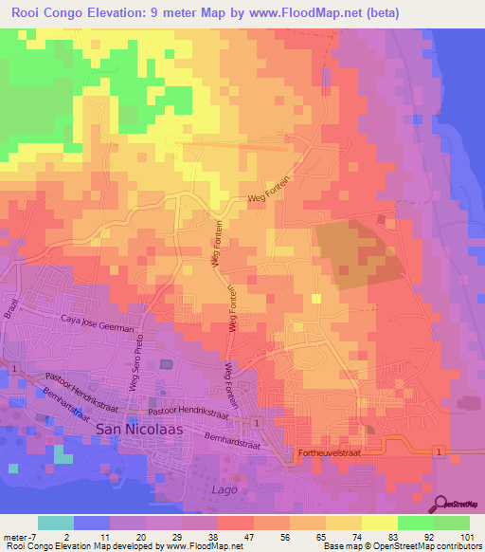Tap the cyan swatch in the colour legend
coord(56,523)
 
